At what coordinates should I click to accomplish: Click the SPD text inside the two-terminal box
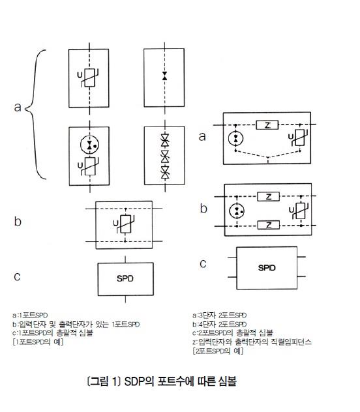[x=125, y=278]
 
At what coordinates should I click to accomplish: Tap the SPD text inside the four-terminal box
[x=267, y=268]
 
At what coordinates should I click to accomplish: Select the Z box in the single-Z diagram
[x=267, y=125]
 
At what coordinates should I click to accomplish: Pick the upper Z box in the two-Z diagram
[x=268, y=196]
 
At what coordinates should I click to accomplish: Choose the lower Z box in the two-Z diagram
[x=268, y=225]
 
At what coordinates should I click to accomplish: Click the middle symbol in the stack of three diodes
[x=165, y=156]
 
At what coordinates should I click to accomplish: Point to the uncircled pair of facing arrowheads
[x=165, y=76]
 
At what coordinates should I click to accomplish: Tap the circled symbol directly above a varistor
[x=89, y=145]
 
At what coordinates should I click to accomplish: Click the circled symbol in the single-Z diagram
[x=235, y=138]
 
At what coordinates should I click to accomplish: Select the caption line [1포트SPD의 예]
[x=38, y=342]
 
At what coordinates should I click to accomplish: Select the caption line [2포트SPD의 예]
[x=218, y=351]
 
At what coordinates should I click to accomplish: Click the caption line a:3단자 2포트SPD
[x=219, y=315]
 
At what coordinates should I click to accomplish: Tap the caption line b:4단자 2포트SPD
[x=219, y=324]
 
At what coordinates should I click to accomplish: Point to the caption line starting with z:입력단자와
[x=252, y=342]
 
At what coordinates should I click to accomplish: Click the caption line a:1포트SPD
[x=30, y=315]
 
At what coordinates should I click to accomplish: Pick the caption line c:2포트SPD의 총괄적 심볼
[x=233, y=333]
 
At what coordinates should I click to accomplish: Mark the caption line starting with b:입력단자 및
[x=76, y=324]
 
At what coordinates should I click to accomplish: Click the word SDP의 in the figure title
[x=140, y=381]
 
